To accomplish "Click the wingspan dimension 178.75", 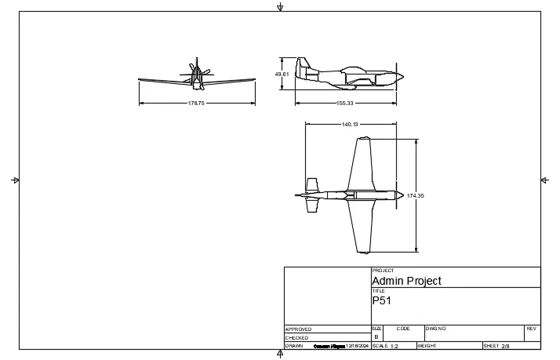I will pos(196,103).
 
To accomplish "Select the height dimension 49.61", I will pos(282,74).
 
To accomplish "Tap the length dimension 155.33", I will pos(345,103).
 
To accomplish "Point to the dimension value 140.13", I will pos(350,124).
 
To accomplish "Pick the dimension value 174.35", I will pos(416,195).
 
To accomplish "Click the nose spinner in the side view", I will pos(399,76).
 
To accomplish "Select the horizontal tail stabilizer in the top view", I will pos(312,195).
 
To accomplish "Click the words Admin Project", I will pos(406,281).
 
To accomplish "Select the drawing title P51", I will pos(381,300).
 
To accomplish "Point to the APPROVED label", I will pos(298,329).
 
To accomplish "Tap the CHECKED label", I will pos(296,337).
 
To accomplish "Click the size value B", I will pos(376,336).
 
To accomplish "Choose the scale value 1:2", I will pos(395,346).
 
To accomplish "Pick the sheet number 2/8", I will pos(505,346).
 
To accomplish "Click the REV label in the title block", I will pos(531,329).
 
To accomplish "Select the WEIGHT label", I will pos(427,345).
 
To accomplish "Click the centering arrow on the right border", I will pos(544,180).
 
